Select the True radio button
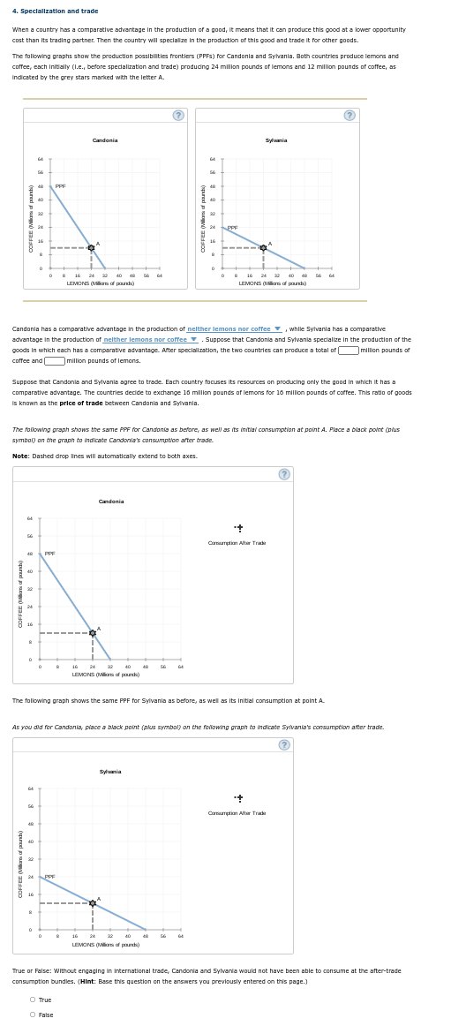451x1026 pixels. click(33, 1000)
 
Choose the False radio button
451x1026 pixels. click(33, 1015)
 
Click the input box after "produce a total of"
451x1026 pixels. click(348, 350)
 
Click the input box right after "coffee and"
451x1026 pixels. click(55, 360)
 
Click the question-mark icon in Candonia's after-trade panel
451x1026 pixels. click(284, 474)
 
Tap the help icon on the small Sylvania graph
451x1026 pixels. click(350, 115)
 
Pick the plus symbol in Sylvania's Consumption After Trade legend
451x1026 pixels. click(239, 798)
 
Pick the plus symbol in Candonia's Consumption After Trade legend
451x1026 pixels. click(239, 528)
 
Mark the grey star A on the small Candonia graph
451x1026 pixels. click(91, 248)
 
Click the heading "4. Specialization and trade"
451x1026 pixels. click(55, 11)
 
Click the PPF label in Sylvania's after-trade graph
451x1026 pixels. click(49, 877)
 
